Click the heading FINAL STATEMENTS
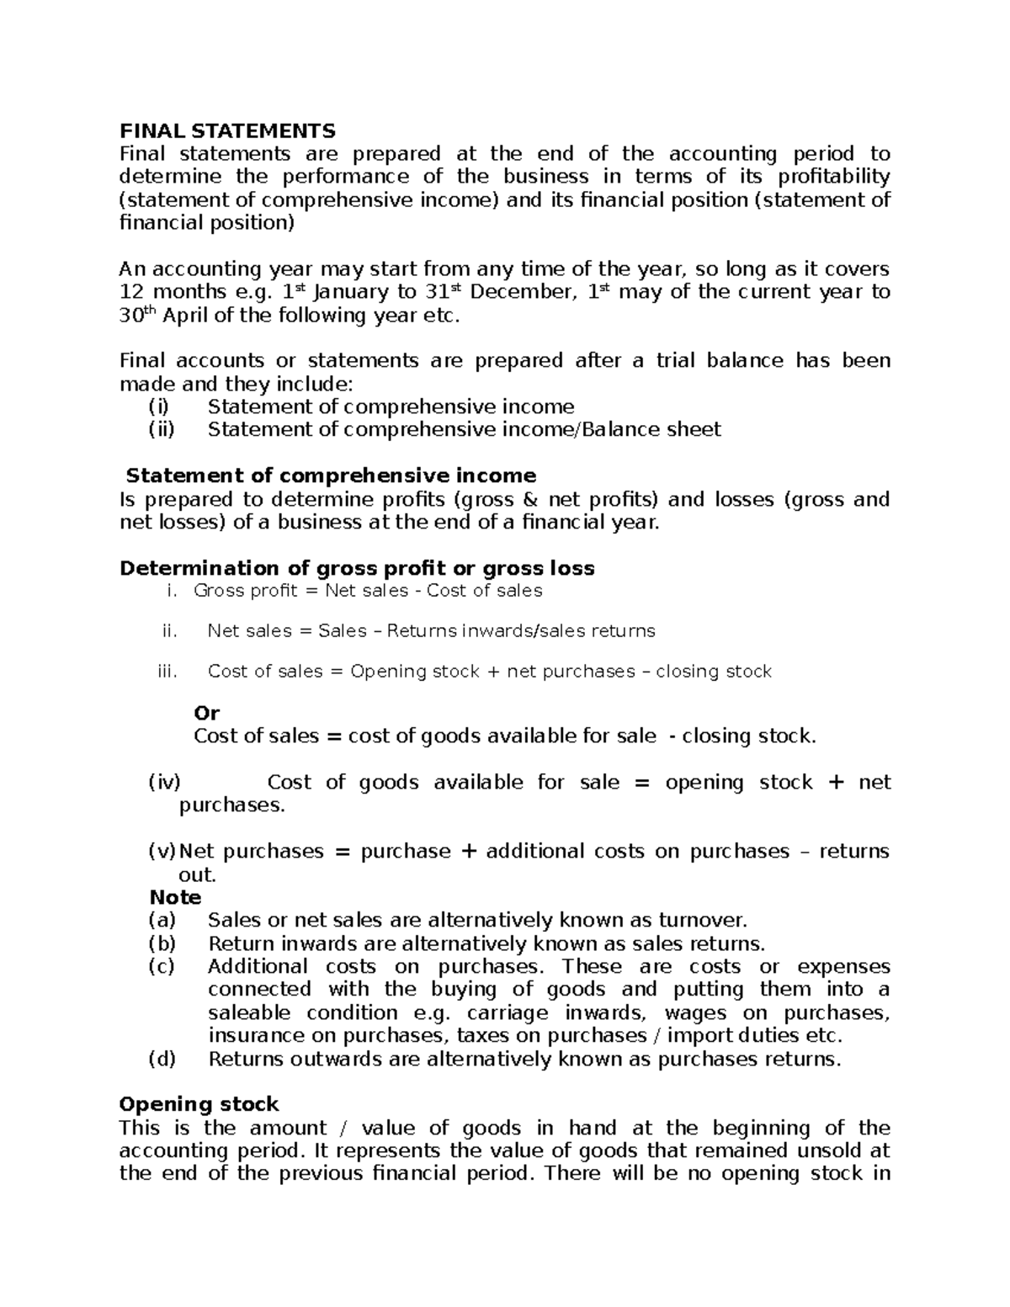pos(227,130)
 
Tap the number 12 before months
pos(131,292)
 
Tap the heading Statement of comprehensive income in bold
pos(330,476)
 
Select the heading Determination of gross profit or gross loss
pos(357,569)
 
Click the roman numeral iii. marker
pos(168,672)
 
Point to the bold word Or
pos(206,713)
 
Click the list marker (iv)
pos(164,783)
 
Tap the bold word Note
pos(175,897)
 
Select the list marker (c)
pos(161,966)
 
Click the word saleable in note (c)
pos(249,1012)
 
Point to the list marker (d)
pos(162,1059)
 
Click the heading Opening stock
pos(199,1104)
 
